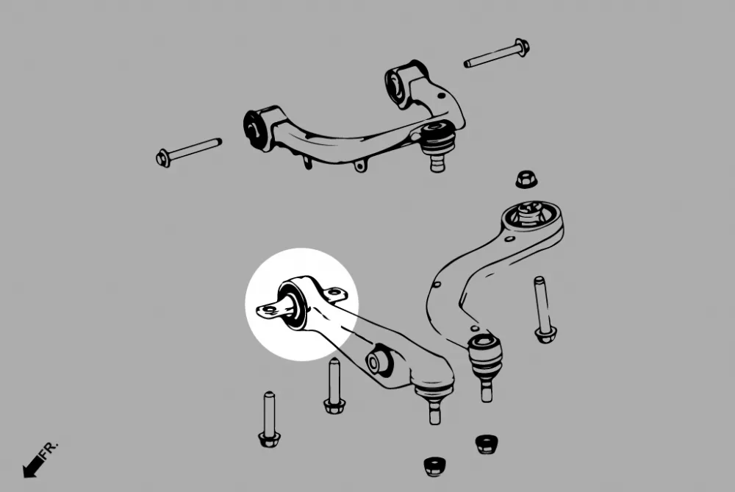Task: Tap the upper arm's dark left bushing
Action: pos(255,127)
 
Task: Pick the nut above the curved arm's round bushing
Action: pos(525,179)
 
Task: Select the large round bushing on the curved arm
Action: pos(529,215)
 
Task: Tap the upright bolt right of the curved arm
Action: pos(543,310)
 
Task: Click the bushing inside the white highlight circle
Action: pos(293,304)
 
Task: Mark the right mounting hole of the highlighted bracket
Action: pos(336,296)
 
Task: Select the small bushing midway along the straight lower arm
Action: pos(379,360)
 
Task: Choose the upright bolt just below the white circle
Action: pos(334,385)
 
